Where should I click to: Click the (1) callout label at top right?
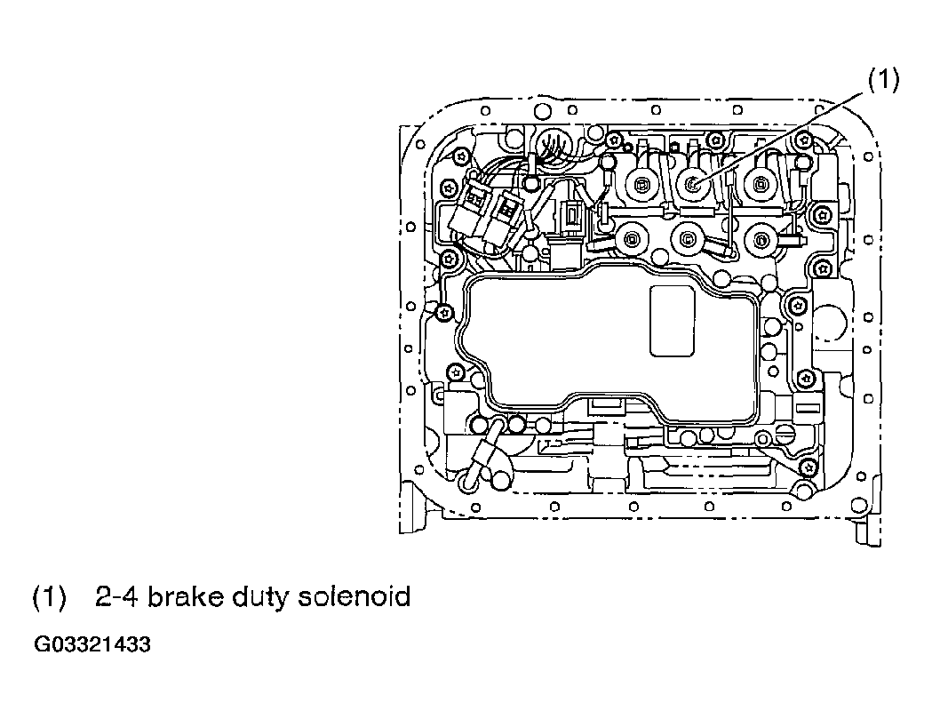point(884,80)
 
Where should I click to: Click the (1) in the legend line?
point(49,596)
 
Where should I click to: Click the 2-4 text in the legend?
point(116,595)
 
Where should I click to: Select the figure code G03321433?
point(92,644)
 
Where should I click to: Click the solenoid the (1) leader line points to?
point(693,185)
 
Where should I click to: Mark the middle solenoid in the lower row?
point(689,239)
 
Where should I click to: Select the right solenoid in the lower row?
point(762,240)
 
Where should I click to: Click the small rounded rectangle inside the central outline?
point(673,321)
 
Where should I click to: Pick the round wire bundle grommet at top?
point(554,144)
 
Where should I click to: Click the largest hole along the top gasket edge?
point(543,112)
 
